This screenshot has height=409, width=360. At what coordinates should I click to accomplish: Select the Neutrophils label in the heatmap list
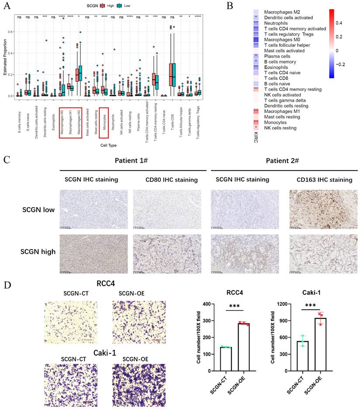click(275, 23)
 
